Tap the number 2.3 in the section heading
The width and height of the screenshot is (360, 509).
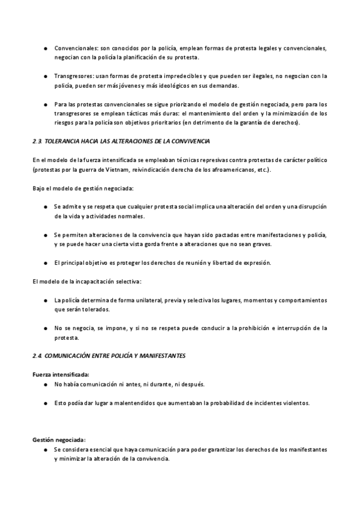37,141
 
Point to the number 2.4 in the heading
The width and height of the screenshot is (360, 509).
37,355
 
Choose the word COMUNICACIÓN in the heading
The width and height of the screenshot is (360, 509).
71,355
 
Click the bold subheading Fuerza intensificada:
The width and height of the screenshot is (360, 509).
60,374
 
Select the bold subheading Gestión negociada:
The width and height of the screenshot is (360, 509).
59,439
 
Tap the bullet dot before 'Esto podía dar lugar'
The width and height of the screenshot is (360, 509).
46,403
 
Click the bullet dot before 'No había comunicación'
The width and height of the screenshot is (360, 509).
46,384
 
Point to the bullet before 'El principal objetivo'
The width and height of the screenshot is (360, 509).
46,262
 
